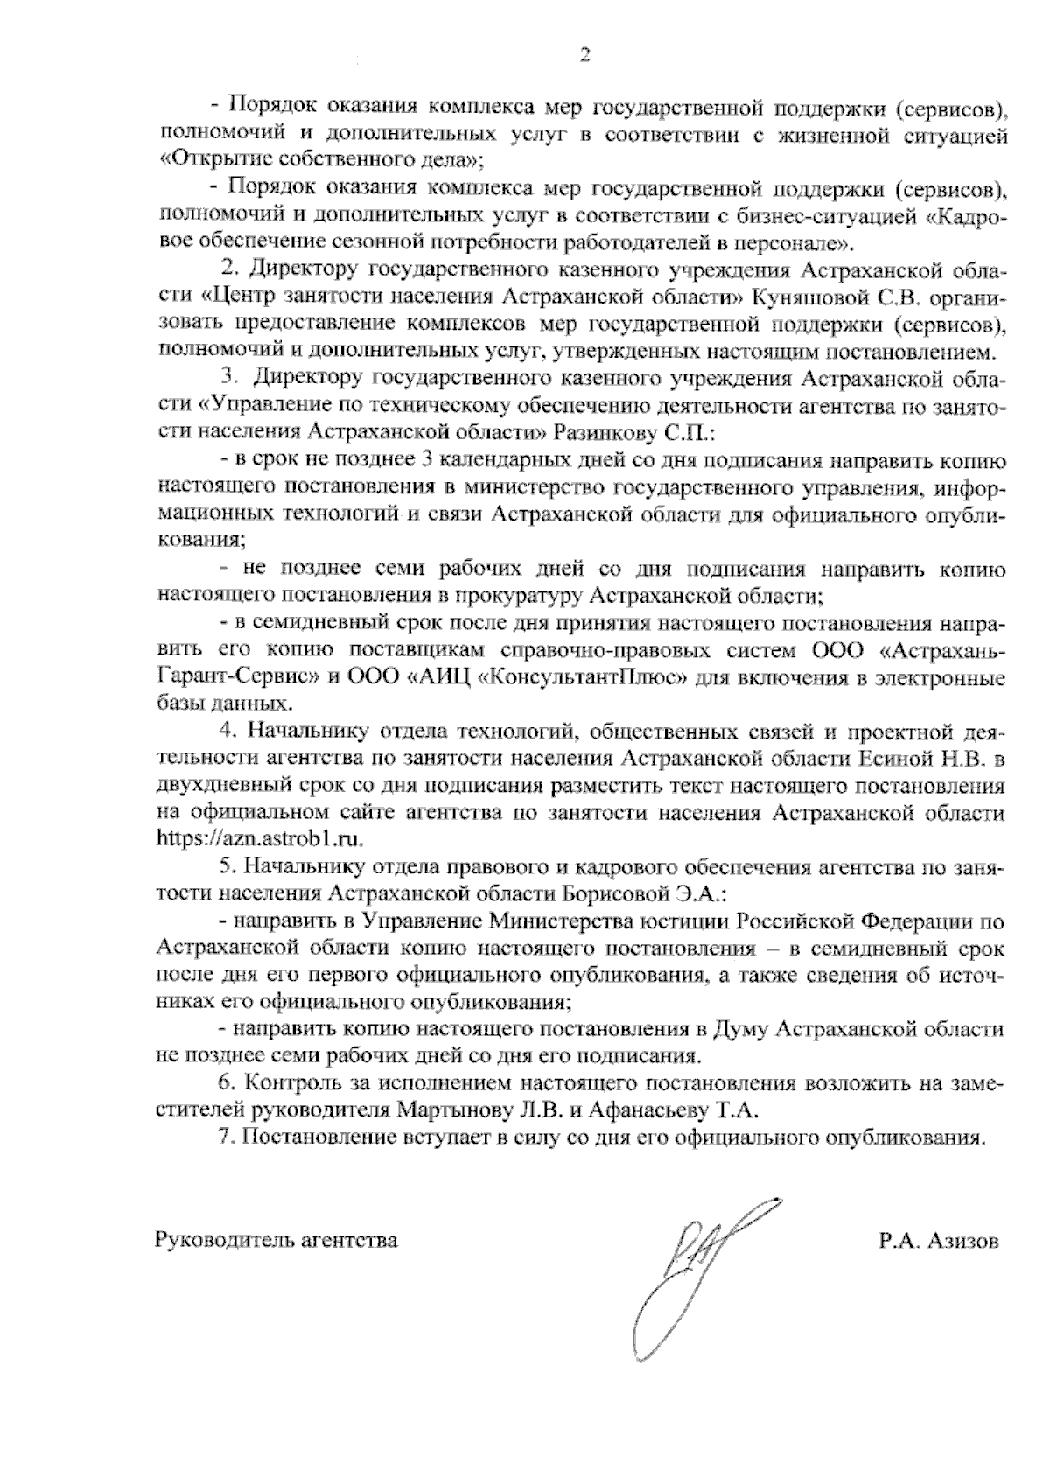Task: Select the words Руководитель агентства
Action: tap(276, 1240)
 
